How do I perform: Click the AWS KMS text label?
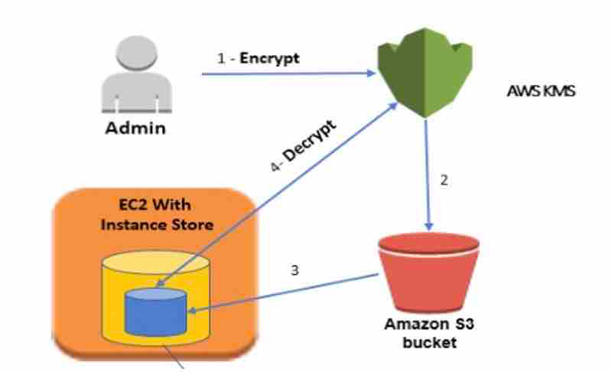coord(540,91)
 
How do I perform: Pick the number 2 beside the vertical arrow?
coord(444,181)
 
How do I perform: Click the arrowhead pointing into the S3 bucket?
coord(429,226)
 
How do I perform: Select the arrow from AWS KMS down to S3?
coord(428,176)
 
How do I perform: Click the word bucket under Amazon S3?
coord(428,341)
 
